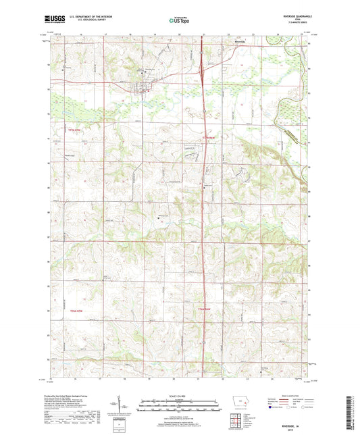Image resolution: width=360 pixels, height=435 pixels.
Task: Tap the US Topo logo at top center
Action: (x=178, y=20)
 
